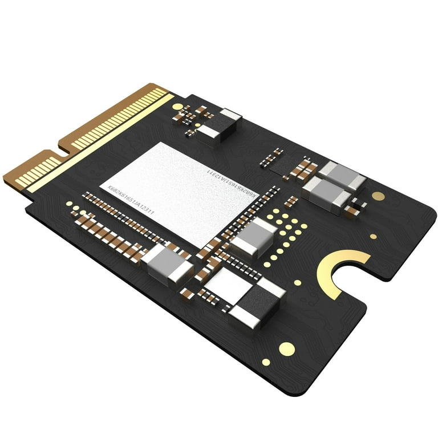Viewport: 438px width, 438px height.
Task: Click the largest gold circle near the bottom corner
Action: coord(287,348)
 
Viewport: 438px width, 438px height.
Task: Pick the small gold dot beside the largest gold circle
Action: coord(266,362)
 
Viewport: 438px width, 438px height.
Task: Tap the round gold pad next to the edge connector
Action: coord(177,107)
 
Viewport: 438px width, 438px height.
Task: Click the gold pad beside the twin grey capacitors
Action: coord(378,196)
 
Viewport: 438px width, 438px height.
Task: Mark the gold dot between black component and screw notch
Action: coord(298,282)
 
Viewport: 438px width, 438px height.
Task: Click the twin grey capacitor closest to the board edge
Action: coord(341,176)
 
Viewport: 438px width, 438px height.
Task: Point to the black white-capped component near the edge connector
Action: coord(220,125)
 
